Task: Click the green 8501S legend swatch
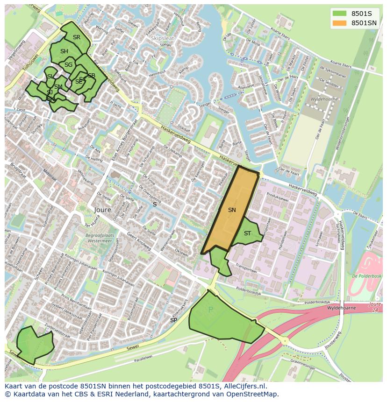339,14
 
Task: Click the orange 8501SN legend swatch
339,23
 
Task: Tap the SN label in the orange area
232,210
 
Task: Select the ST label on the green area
247,233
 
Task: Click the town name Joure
103,210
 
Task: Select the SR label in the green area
76,37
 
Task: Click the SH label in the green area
64,51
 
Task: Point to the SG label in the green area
69,65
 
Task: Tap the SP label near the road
173,320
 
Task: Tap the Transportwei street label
246,270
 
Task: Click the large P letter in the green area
210,310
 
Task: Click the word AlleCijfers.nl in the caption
244,386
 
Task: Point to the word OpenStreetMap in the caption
253,394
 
